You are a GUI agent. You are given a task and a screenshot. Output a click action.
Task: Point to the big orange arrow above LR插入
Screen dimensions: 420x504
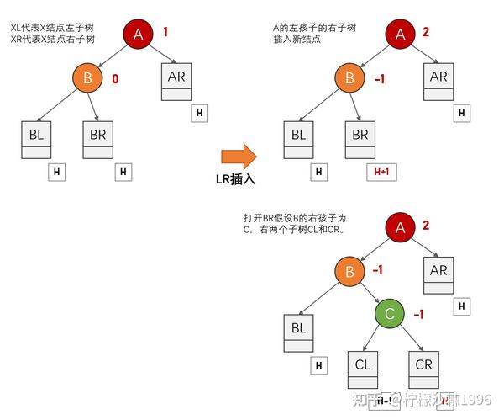click(x=238, y=155)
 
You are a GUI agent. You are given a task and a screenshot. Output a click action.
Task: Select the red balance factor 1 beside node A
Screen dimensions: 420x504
click(x=165, y=32)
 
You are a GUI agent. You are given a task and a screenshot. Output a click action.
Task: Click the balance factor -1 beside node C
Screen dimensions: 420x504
click(x=418, y=314)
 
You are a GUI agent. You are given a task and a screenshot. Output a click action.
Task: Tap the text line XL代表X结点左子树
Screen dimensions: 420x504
click(x=52, y=27)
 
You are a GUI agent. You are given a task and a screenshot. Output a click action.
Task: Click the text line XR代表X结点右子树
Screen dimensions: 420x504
click(x=52, y=39)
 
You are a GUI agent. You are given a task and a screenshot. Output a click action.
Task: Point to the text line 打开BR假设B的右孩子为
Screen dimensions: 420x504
click(x=294, y=217)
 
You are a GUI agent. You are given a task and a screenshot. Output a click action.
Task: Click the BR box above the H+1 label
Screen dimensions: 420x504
click(x=360, y=139)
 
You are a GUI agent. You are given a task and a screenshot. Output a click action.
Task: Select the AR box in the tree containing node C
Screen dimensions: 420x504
click(x=438, y=275)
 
